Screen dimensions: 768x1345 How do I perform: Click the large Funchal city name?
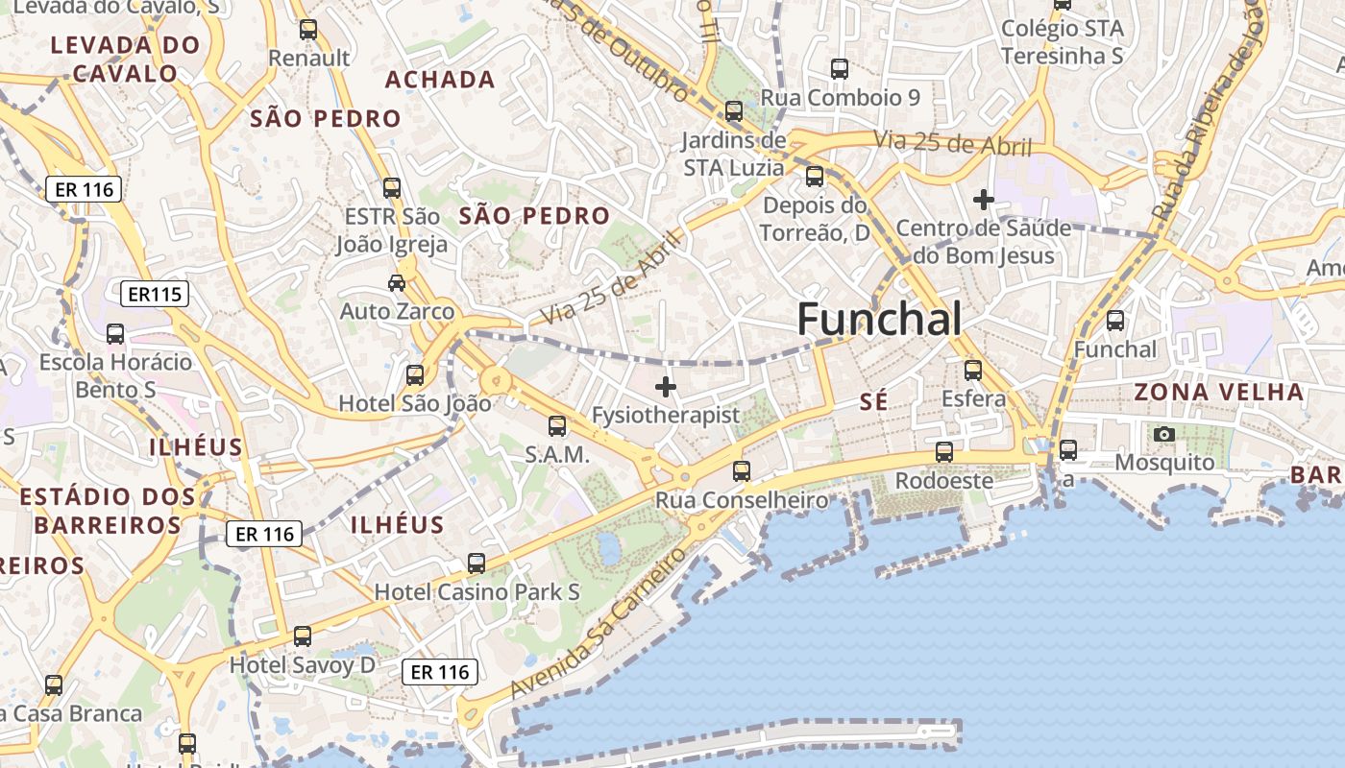pos(878,319)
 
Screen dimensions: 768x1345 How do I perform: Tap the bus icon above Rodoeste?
pos(944,451)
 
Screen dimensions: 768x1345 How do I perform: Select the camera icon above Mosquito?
pos(1164,434)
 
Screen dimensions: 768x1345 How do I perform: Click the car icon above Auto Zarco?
pos(396,282)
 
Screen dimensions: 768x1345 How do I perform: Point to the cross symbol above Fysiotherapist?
pos(665,387)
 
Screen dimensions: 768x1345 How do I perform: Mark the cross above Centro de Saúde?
pos(983,200)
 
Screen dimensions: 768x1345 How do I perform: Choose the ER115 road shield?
pos(154,294)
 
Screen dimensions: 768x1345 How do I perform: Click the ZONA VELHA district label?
pos(1219,392)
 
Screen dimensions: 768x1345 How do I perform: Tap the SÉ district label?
pos(873,402)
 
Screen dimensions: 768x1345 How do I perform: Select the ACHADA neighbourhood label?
pos(440,80)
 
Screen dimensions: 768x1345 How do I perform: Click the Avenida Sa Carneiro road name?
pos(599,624)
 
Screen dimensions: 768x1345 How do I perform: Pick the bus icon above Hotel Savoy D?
pos(303,636)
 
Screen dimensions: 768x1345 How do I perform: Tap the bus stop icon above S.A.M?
pos(557,426)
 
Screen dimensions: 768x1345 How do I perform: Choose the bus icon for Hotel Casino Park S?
pos(476,564)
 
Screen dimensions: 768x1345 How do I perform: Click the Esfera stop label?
pos(974,398)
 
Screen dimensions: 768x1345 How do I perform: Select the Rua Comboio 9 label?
pos(841,97)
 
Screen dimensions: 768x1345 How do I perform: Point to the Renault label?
pos(308,58)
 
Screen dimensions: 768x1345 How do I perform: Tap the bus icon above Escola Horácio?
pos(115,334)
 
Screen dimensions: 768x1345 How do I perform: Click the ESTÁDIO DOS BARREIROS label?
pos(108,511)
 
